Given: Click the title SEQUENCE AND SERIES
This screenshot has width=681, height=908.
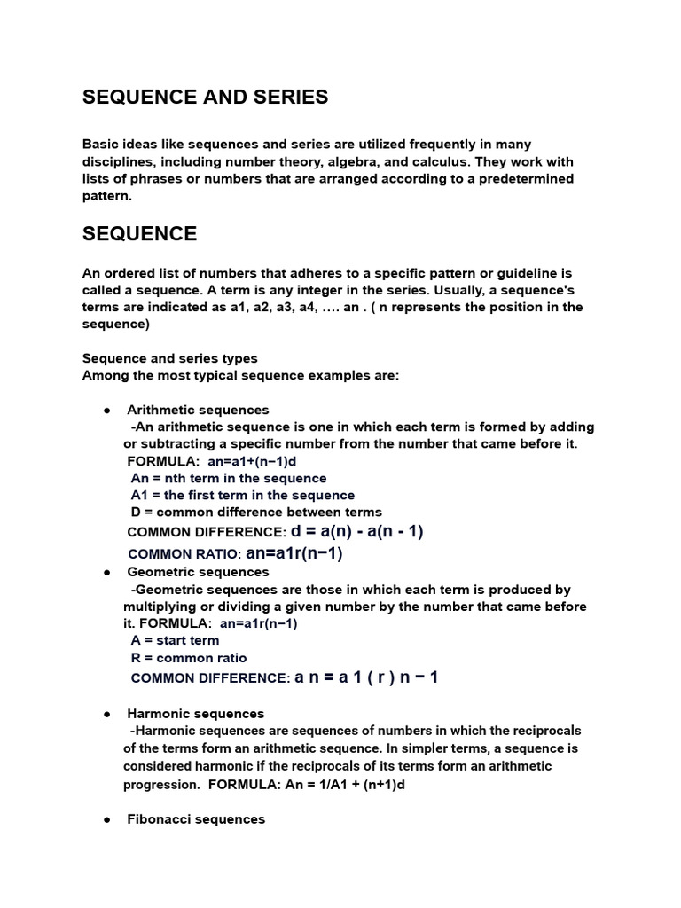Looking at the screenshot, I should tap(205, 98).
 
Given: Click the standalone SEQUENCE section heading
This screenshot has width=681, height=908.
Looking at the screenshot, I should tap(139, 234).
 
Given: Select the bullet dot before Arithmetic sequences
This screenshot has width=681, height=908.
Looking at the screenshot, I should tap(106, 411).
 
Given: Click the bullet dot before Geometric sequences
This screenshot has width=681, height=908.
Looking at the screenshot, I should tap(106, 573).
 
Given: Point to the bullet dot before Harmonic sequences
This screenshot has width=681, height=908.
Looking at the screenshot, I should tap(106, 714).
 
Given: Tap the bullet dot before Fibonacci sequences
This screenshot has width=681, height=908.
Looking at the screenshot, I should tap(106, 820).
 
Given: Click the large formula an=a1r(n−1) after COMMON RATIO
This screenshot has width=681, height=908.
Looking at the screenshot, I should tap(294, 554).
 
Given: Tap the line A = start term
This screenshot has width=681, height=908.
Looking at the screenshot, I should tap(175, 640).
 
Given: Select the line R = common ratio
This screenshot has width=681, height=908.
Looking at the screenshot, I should tap(188, 658).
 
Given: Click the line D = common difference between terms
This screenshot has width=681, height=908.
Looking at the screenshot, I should tap(256, 512).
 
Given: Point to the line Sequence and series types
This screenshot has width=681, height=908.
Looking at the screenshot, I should tap(169, 358).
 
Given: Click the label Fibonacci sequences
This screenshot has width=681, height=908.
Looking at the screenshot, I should tap(196, 819).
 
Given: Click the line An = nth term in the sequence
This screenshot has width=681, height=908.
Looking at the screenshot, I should tap(229, 478).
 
